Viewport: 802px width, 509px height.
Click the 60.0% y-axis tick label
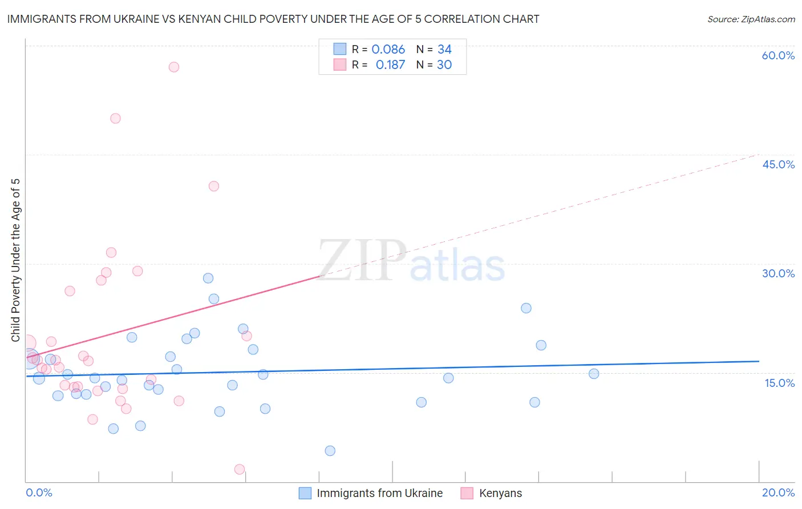pos(778,55)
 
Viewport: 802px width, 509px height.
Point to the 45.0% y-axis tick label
pos(778,164)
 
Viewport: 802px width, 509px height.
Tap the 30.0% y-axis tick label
pos(778,273)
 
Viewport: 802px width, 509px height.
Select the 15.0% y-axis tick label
pos(779,383)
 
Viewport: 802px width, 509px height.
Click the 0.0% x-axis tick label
pos(39,492)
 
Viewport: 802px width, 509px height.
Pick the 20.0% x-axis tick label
pos(778,492)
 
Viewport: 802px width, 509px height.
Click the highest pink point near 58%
pos(174,67)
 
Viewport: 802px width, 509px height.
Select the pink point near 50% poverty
pos(115,119)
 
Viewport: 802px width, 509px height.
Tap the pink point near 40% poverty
pos(214,186)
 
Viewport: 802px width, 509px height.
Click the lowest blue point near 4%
pos(330,451)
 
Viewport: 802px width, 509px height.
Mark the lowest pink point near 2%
pos(240,470)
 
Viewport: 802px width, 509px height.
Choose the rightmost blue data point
pos(594,374)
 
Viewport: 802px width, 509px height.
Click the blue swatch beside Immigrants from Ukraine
pos(305,493)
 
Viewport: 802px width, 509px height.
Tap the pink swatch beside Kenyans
pos(467,493)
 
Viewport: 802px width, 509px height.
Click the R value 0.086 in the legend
pos(388,49)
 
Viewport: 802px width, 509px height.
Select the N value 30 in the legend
pos(444,64)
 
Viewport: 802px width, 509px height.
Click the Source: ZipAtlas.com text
pos(751,19)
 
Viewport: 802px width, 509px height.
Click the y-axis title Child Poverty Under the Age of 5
pos(15,260)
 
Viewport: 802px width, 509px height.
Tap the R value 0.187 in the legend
pos(390,64)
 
